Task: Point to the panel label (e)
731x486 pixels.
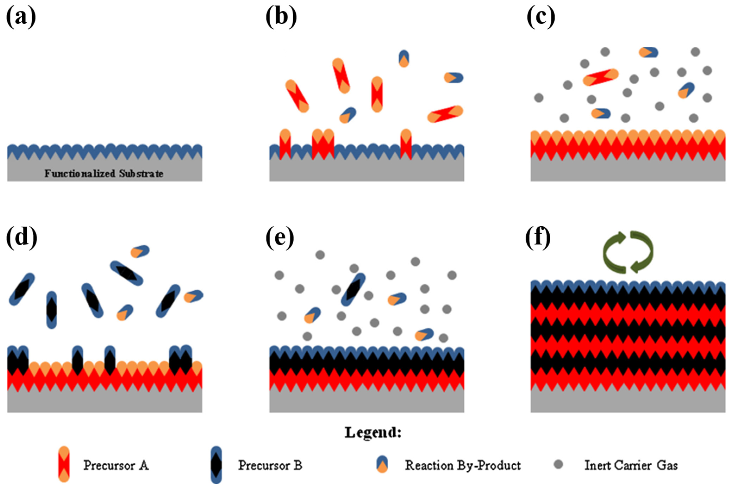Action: coord(280,238)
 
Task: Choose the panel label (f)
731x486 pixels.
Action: coord(538,238)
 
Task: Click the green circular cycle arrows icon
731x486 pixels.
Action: coord(628,252)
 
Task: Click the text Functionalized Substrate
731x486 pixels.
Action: coord(104,174)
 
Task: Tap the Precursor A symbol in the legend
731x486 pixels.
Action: coord(64,464)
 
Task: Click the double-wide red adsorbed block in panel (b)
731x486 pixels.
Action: coord(323,144)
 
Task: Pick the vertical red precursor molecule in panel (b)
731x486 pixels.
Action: coord(377,94)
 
